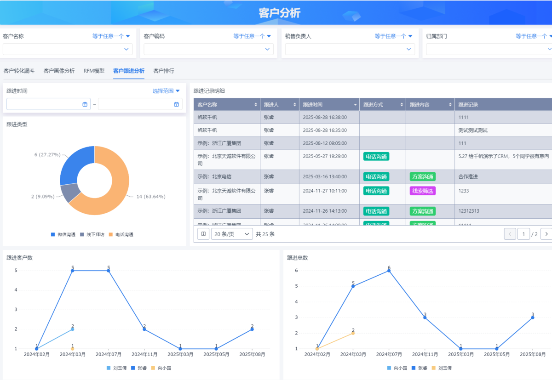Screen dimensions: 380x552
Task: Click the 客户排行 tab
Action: [164, 71]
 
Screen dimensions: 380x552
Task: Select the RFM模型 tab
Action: [94, 71]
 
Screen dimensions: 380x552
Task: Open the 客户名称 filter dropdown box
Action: [68, 49]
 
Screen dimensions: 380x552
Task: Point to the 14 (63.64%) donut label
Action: [151, 197]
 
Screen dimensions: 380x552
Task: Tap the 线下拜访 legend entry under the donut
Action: [94, 235]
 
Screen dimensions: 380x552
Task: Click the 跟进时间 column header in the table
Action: [328, 105]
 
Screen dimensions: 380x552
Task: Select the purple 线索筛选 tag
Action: [422, 191]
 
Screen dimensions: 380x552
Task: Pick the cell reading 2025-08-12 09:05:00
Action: [324, 143]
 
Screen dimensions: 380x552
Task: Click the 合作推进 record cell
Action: [468, 176]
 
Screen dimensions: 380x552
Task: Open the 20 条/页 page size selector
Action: [232, 234]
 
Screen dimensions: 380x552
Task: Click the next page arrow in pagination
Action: [546, 234]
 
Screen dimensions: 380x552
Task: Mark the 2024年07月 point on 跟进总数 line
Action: [389, 271]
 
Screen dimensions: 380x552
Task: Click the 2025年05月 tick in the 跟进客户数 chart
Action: [216, 355]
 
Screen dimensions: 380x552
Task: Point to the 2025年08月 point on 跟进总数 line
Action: [533, 318]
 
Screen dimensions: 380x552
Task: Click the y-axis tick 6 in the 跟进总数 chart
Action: [296, 271]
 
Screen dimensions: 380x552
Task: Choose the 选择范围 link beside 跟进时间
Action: [166, 91]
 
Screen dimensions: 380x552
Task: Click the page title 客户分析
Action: [279, 13]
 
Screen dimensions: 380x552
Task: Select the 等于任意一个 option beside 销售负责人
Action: [393, 36]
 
